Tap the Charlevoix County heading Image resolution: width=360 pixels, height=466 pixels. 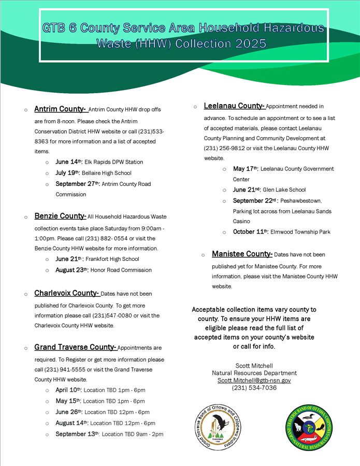click(x=67, y=293)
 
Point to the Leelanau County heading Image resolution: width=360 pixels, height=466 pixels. click(x=234, y=106)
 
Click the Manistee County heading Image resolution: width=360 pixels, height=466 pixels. click(x=242, y=254)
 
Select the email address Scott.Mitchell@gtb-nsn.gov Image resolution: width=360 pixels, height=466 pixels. click(x=254, y=380)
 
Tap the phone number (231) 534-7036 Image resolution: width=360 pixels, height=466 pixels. click(x=254, y=387)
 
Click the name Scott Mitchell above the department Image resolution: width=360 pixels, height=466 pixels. click(x=254, y=366)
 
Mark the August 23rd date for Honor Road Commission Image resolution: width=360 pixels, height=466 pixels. click(x=72, y=270)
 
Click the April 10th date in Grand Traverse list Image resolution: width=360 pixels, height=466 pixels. click(x=68, y=390)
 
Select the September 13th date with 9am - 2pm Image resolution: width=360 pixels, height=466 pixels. click(x=78, y=434)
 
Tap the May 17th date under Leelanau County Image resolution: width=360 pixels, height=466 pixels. click(x=246, y=169)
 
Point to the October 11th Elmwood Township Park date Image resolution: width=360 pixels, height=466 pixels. click(x=251, y=232)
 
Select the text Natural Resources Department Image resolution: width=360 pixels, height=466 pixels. click(x=254, y=373)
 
